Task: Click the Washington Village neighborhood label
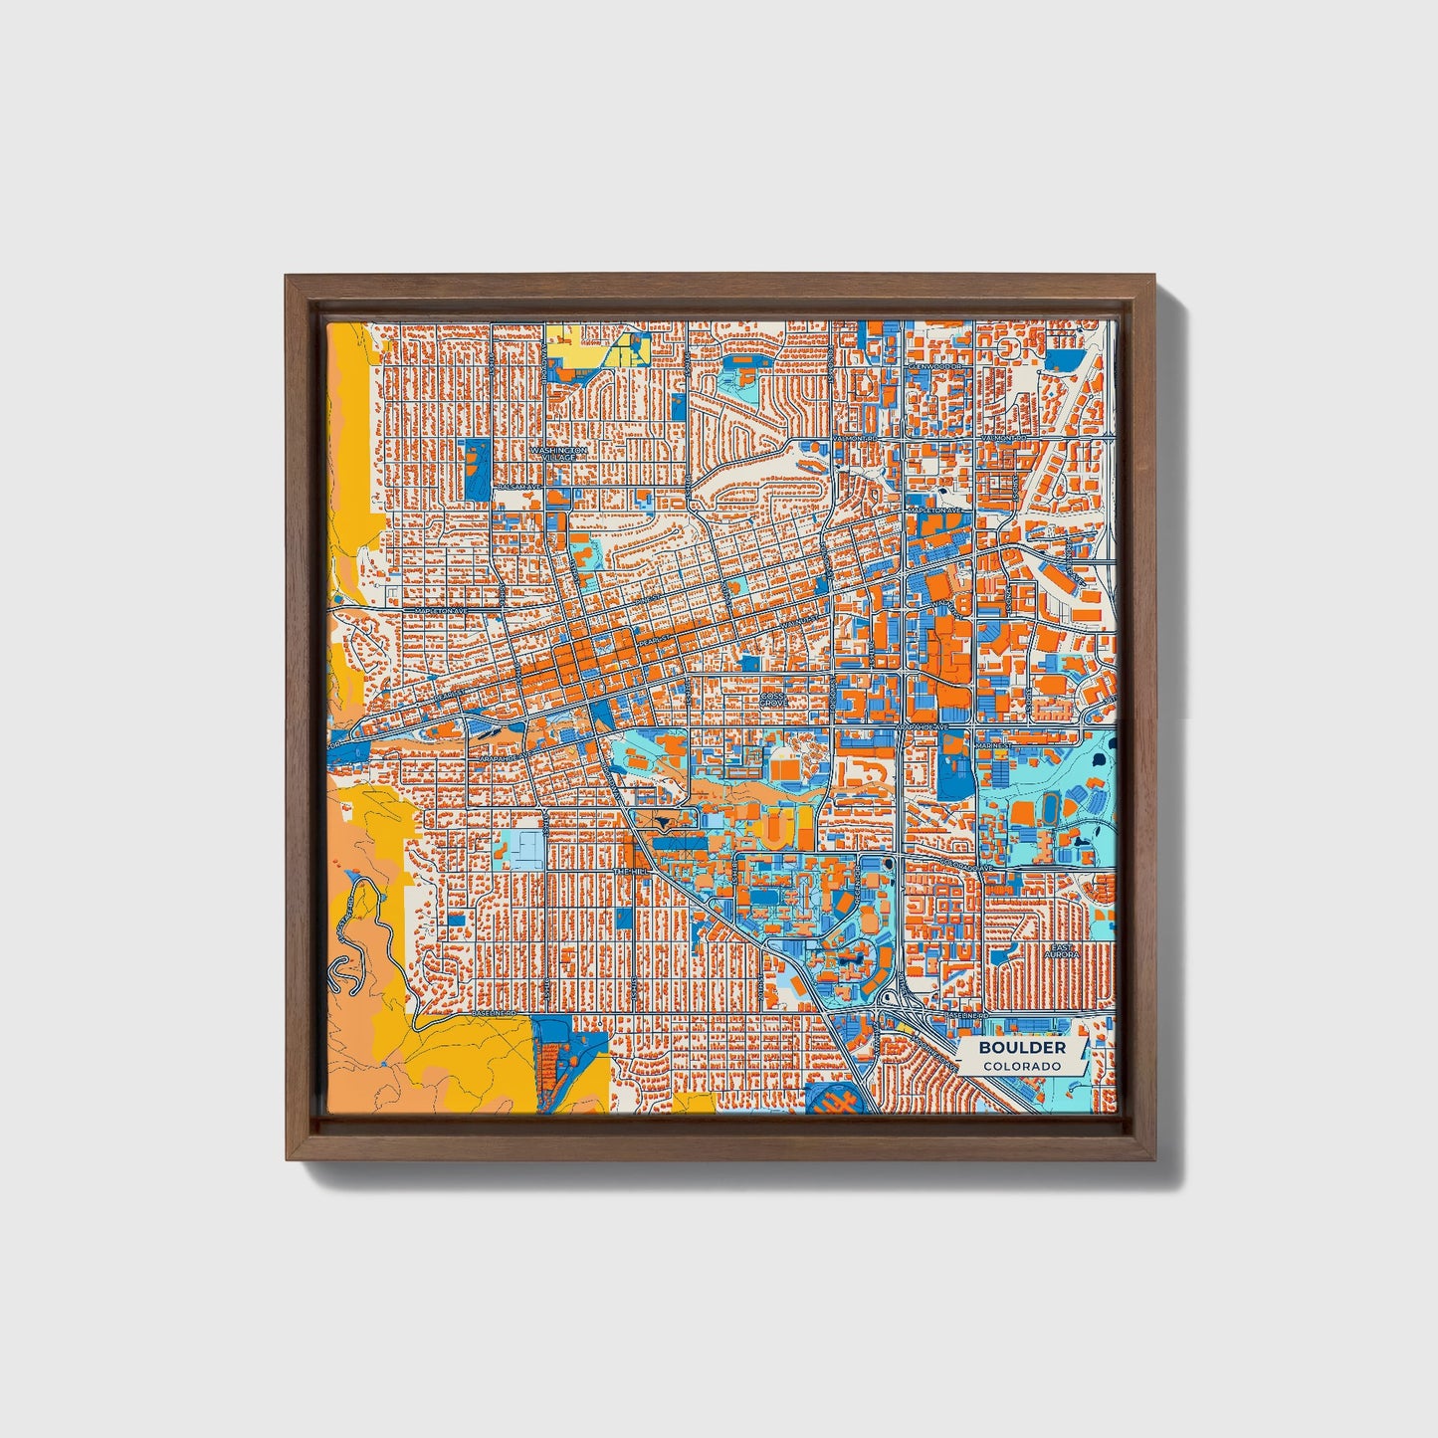558,453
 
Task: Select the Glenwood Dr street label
936,366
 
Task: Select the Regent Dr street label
858,876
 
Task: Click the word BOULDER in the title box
1021,1048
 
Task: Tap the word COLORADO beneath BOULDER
1021,1066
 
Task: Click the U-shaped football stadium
777,825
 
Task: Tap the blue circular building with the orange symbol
831,1100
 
